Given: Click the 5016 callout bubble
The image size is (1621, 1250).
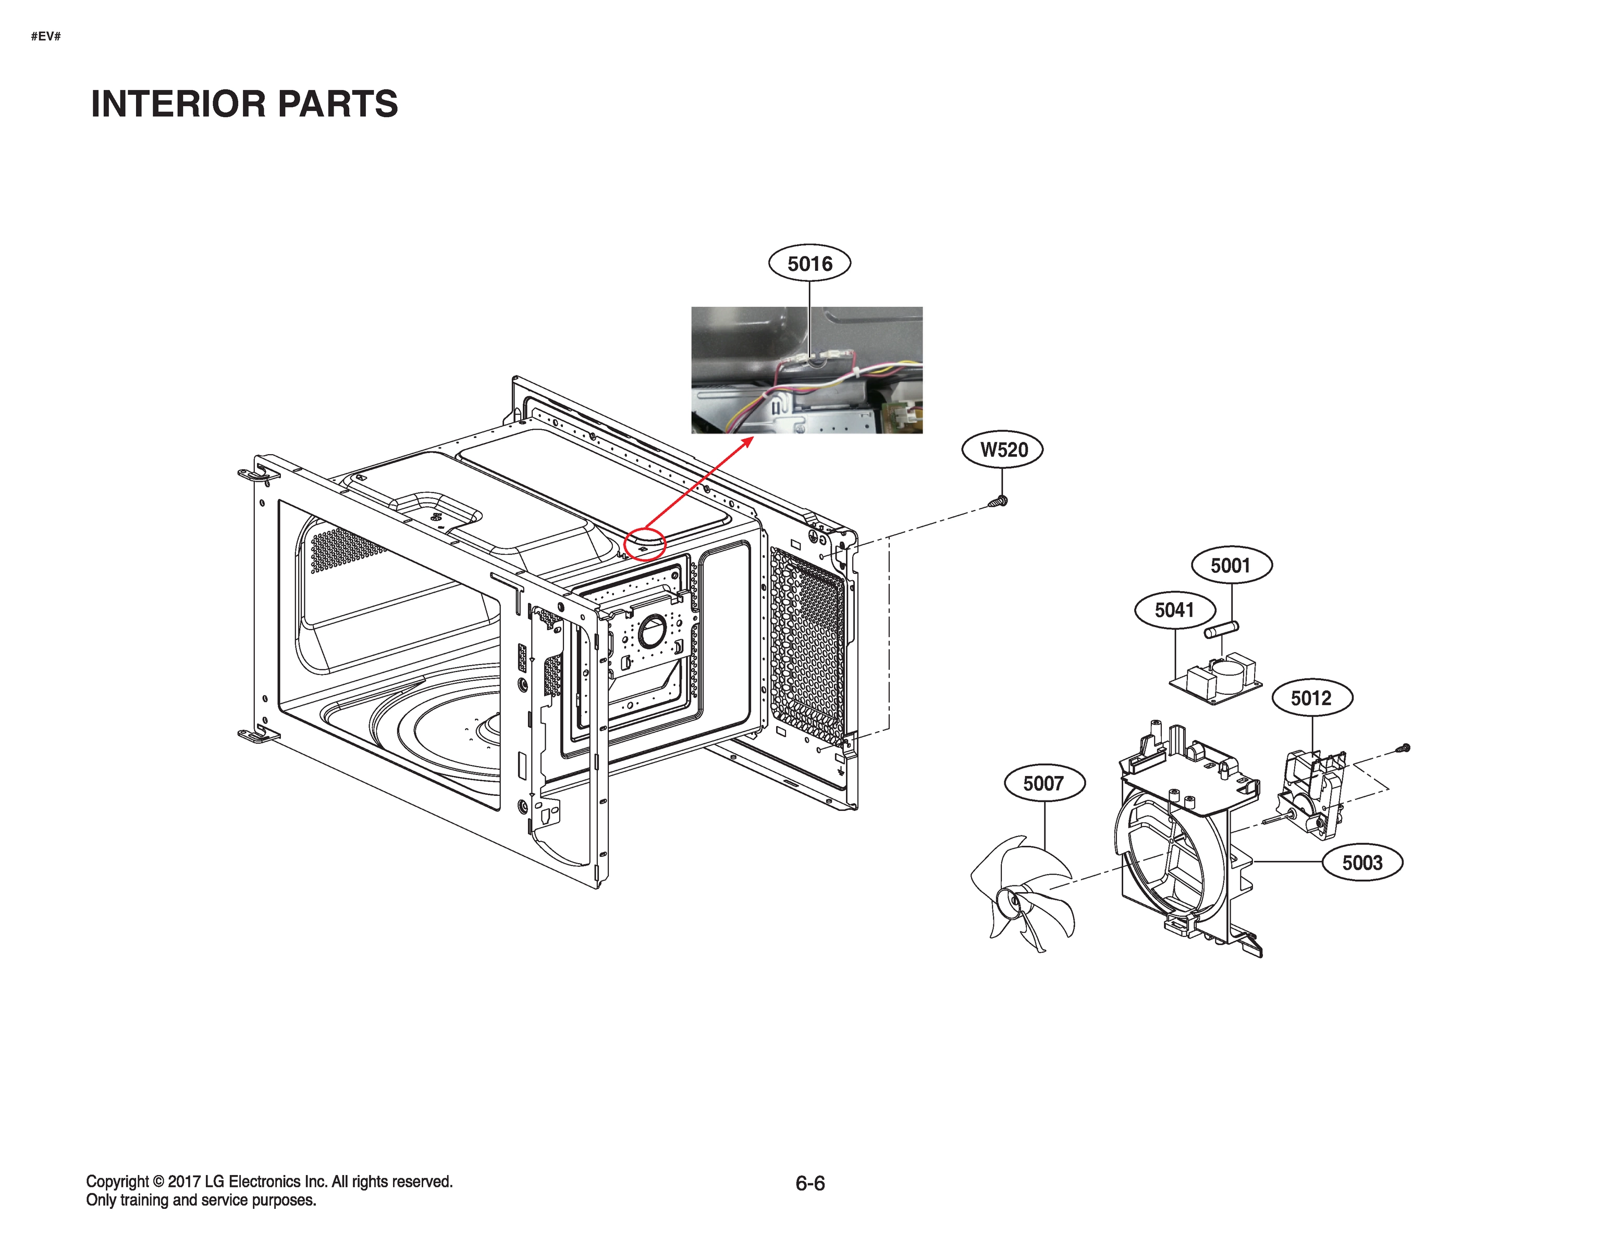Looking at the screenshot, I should (x=809, y=264).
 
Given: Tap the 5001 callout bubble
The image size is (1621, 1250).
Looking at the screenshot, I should (x=1231, y=565).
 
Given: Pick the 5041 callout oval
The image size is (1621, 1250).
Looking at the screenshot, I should (x=1174, y=610).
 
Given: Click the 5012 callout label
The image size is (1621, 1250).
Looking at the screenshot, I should (x=1311, y=698).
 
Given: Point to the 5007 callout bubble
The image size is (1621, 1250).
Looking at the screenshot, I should (x=1043, y=783).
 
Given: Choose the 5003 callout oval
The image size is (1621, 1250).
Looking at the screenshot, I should (x=1362, y=863).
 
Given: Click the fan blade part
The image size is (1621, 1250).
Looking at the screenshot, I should (x=1024, y=894).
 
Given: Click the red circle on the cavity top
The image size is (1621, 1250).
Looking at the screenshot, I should (x=645, y=544).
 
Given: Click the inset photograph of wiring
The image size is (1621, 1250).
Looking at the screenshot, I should (x=807, y=370).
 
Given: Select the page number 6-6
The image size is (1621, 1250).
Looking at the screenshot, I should (x=810, y=1183).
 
